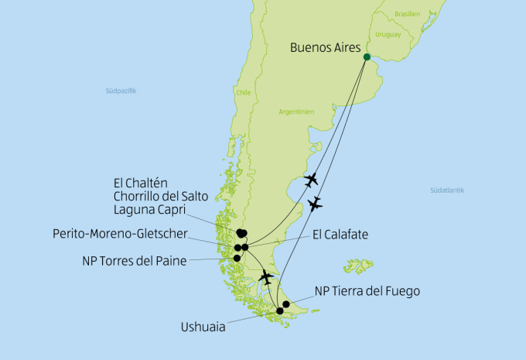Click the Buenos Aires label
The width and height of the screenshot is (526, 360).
pyautogui.click(x=325, y=47)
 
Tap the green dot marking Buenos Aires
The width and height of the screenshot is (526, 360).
pyautogui.click(x=367, y=57)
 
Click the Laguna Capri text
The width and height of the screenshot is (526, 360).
pyautogui.click(x=145, y=208)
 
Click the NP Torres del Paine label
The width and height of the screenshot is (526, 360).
pyautogui.click(x=134, y=260)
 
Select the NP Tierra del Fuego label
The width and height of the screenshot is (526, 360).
pyautogui.click(x=367, y=292)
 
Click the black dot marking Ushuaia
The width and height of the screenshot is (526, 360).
pyautogui.click(x=279, y=311)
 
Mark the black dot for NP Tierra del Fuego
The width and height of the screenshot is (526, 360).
pyautogui.click(x=286, y=304)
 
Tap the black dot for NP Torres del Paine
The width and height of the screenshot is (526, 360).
pyautogui.click(x=237, y=258)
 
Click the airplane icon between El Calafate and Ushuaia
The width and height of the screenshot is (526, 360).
pyautogui.click(x=267, y=276)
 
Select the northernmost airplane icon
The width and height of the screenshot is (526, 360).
pyautogui.click(x=311, y=180)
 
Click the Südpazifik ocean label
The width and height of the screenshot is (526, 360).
pyautogui.click(x=121, y=91)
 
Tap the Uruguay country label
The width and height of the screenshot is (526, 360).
pyautogui.click(x=388, y=36)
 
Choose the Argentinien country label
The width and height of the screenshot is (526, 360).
pyautogui.click(x=296, y=111)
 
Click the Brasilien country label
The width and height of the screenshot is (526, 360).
pyautogui.click(x=407, y=14)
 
